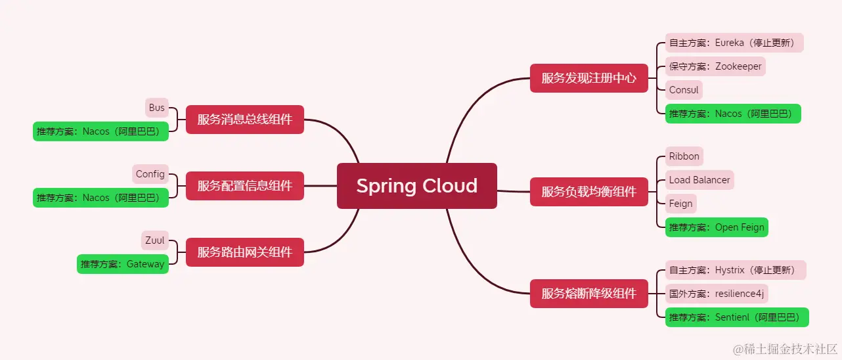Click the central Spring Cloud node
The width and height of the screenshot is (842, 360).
coord(416,186)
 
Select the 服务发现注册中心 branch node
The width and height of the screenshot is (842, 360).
coord(588,78)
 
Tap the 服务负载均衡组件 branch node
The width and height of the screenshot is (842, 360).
coord(588,192)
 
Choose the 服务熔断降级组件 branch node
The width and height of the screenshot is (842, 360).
coord(588,294)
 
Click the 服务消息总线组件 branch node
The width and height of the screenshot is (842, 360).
coord(244,120)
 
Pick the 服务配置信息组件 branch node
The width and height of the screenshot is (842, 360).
coord(244,186)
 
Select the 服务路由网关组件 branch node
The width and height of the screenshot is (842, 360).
coord(244,252)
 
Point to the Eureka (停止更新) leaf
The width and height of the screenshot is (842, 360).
coord(734,43)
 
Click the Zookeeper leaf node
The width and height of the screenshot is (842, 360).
coord(715,66)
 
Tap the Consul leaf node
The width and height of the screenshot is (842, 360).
coord(684,90)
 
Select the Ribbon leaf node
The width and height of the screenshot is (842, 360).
coord(684,156)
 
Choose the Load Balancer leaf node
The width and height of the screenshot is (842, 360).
coord(699,180)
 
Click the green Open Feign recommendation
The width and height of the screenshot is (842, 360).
coord(717,227)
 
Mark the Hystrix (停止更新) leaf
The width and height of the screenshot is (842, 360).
coord(735,270)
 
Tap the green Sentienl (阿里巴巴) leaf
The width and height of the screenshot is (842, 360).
coord(737,317)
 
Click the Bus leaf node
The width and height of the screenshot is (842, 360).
coord(157,108)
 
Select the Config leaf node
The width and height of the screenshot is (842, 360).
coord(150,174)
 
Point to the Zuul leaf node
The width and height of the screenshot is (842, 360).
coord(155,240)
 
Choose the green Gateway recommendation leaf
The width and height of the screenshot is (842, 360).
coord(123,264)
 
